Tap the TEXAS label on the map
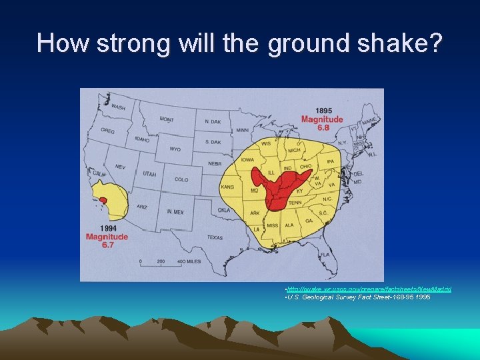click(x=215, y=237)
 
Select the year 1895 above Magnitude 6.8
click(x=323, y=111)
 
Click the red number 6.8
click(x=323, y=128)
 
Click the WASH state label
click(x=117, y=107)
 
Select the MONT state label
click(x=167, y=119)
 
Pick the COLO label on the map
click(x=181, y=179)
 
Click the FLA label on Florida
click(x=324, y=255)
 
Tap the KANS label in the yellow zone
click(x=227, y=187)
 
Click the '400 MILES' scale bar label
click(x=189, y=262)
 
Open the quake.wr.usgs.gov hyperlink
click(x=368, y=289)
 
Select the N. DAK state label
click(x=212, y=121)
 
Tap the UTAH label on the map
click(x=149, y=174)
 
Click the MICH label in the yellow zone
click(x=293, y=151)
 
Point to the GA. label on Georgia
click(x=309, y=221)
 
